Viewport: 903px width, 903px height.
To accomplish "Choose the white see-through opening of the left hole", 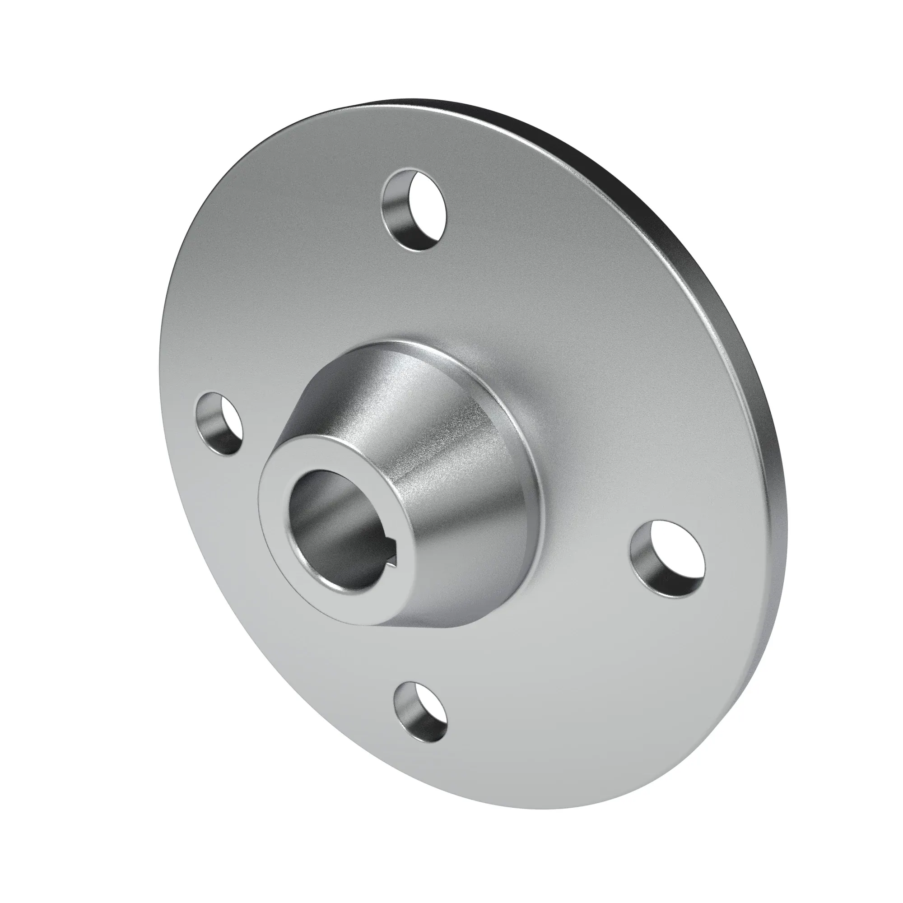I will click(x=229, y=421).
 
